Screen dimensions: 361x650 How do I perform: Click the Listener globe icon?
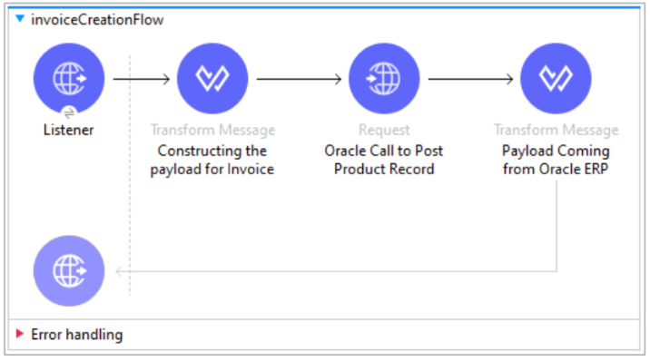pos(69,78)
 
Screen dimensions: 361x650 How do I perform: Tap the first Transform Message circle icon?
pos(212,78)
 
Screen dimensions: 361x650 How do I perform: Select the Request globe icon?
pos(384,78)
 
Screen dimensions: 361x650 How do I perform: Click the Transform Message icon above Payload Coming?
pos(556,78)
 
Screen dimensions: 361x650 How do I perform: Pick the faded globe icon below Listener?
pos(69,270)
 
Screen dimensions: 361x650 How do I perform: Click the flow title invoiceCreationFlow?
pos(97,19)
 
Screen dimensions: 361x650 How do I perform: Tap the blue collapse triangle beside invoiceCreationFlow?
pos(20,19)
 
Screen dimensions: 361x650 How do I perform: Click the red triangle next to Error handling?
pos(20,335)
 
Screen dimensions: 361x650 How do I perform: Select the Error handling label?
pos(76,335)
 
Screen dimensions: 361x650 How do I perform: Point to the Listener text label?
pos(69,130)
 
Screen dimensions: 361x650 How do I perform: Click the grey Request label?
pos(384,131)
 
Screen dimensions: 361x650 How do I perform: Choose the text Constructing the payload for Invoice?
pos(212,160)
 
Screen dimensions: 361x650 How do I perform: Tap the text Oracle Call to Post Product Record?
pos(384,160)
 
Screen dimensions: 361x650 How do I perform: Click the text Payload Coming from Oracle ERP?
pos(556,160)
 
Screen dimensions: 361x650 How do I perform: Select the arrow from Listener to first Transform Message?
pos(141,78)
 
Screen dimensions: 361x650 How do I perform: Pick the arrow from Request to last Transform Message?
pos(469,78)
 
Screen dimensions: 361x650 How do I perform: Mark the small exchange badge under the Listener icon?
pos(69,112)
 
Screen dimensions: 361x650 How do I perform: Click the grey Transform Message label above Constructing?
pos(212,131)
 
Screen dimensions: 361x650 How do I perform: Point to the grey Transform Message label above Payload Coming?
pos(556,131)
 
